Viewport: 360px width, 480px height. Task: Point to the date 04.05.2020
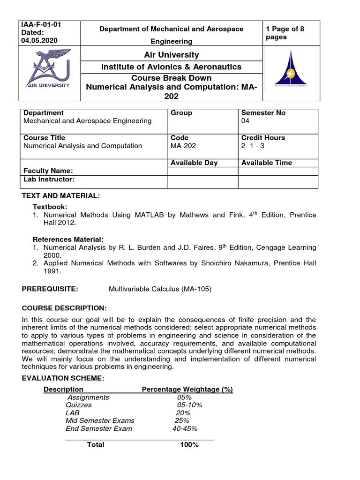click(40, 40)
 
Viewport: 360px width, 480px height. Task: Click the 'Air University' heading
click(171, 55)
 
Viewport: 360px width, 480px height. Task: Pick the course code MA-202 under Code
click(183, 146)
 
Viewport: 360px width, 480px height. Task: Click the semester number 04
click(245, 121)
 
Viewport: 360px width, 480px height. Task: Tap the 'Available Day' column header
click(194, 163)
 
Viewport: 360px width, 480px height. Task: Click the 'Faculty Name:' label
click(48, 171)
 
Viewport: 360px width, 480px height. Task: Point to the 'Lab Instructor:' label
click(49, 180)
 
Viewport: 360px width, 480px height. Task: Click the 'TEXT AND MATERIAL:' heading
click(61, 195)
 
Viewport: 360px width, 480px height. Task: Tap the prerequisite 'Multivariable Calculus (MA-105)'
click(160, 289)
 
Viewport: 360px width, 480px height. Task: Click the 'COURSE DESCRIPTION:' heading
click(64, 308)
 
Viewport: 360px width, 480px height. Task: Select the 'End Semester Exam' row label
click(99, 428)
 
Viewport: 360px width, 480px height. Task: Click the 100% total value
click(189, 445)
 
